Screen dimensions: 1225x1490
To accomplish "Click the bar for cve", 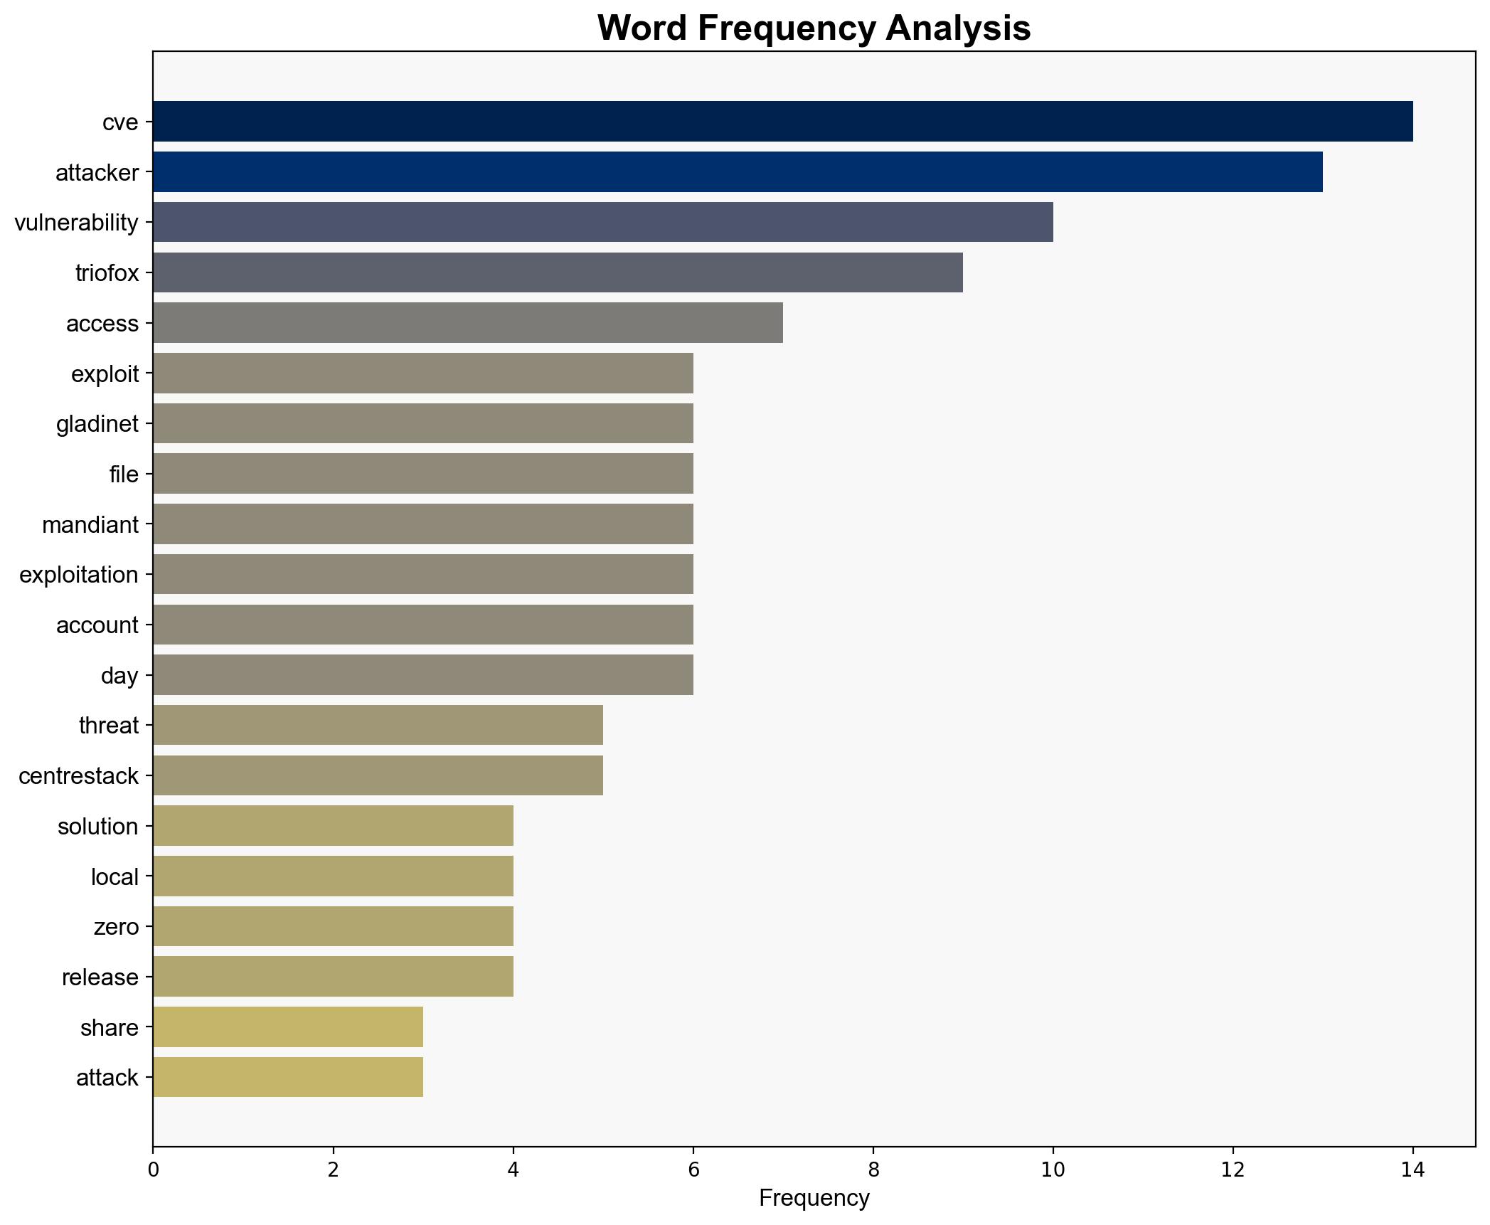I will point(782,122).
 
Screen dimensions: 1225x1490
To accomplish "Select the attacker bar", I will point(738,172).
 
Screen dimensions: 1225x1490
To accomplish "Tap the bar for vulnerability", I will point(602,222).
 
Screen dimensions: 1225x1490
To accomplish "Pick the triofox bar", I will point(558,272).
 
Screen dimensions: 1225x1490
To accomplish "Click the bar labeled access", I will point(467,323).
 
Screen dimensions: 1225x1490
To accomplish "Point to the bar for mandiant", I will point(422,524).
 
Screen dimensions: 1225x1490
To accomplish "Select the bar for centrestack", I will point(378,775).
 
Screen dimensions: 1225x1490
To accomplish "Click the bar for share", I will point(287,1027).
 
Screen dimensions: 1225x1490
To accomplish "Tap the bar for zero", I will point(333,926).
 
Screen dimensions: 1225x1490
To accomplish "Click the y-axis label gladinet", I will point(97,424).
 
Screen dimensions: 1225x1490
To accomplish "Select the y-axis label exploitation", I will point(78,575).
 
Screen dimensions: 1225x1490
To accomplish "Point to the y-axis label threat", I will point(108,726).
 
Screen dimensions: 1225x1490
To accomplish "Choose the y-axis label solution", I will point(97,827).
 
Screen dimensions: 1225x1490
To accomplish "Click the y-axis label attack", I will point(107,1078).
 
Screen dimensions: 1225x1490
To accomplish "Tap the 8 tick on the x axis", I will point(873,1170).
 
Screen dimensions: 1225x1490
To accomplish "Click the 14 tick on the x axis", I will point(1412,1170).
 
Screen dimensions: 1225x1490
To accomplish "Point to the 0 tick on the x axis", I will point(153,1170).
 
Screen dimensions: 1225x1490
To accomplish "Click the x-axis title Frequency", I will point(814,1199).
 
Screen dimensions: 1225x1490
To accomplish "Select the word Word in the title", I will point(642,28).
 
